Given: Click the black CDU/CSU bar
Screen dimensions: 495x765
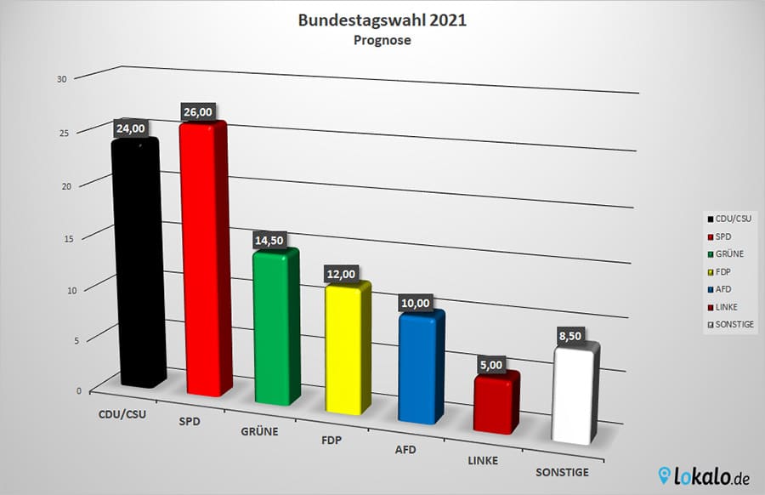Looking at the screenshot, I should pyautogui.click(x=139, y=264).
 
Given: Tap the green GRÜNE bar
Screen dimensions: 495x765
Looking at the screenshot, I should pyautogui.click(x=277, y=327).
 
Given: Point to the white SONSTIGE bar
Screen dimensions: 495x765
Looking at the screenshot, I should pyautogui.click(x=575, y=395).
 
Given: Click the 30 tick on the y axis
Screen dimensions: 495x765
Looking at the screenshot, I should pyautogui.click(x=61, y=78).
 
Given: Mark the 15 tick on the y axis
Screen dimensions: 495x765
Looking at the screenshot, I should pyautogui.click(x=61, y=238).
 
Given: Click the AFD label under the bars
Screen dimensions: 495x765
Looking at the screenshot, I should pyautogui.click(x=405, y=448).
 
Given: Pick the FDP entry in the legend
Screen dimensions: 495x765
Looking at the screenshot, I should pyautogui.click(x=723, y=271).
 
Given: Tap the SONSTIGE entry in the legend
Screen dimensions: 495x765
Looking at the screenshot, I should pyautogui.click(x=730, y=325).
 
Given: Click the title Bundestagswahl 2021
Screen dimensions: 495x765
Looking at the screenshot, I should pyautogui.click(x=382, y=20).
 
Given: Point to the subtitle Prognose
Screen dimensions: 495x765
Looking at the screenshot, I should pyautogui.click(x=382, y=40).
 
